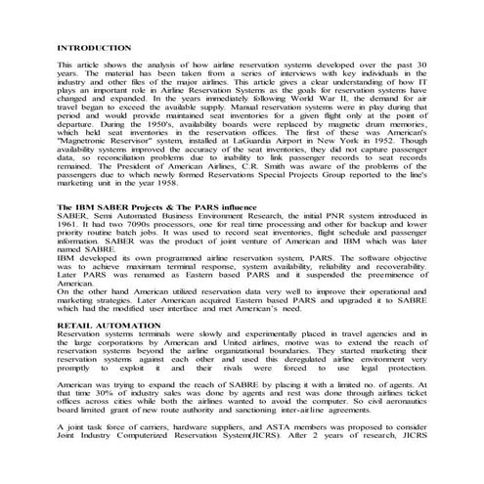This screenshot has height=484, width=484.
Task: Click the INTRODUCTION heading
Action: point(94,47)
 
